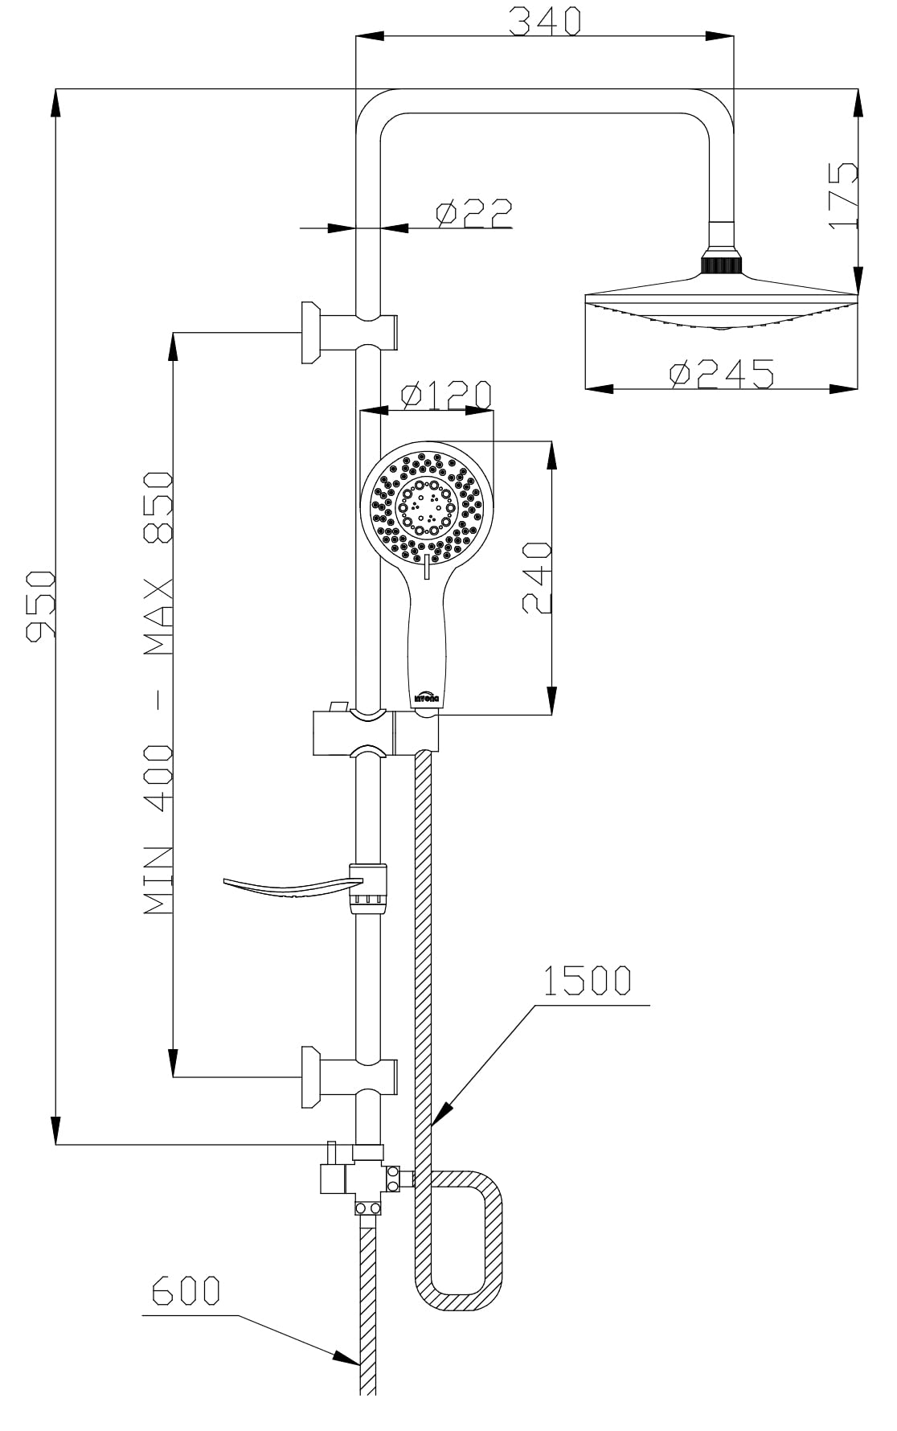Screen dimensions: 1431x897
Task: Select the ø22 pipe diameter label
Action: tap(474, 213)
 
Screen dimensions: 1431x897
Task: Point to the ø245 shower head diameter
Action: tap(723, 374)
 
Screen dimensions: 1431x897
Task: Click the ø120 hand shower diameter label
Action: tap(447, 395)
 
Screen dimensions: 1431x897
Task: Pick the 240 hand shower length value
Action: tap(537, 578)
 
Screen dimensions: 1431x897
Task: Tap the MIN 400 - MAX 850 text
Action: tap(158, 693)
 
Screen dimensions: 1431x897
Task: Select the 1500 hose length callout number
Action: tap(587, 982)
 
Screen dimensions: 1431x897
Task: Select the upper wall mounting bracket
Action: tap(346, 332)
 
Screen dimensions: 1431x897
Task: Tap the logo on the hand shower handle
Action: tap(425, 696)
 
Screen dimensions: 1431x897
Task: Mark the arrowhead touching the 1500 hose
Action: tap(442, 1114)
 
